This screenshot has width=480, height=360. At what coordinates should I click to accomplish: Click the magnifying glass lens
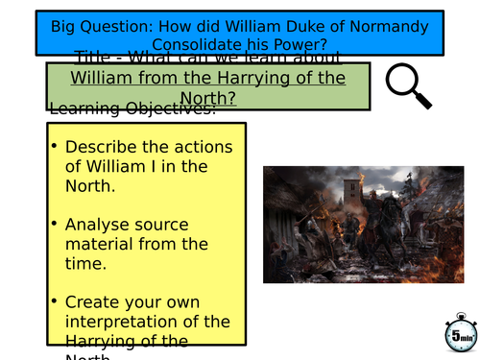pyautogui.click(x=401, y=83)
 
